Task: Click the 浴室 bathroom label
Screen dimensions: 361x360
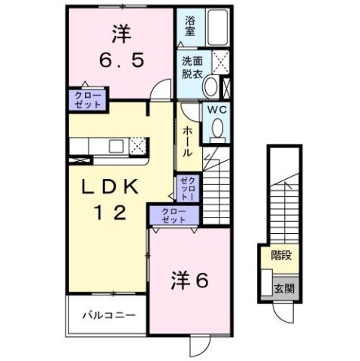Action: [x=189, y=28]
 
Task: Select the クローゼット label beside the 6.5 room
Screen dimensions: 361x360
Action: [x=89, y=99]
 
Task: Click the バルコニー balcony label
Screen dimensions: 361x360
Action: [x=109, y=314]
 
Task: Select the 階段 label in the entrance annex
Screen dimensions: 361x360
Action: [x=282, y=256]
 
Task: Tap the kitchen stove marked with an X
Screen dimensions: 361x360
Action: [x=138, y=145]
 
